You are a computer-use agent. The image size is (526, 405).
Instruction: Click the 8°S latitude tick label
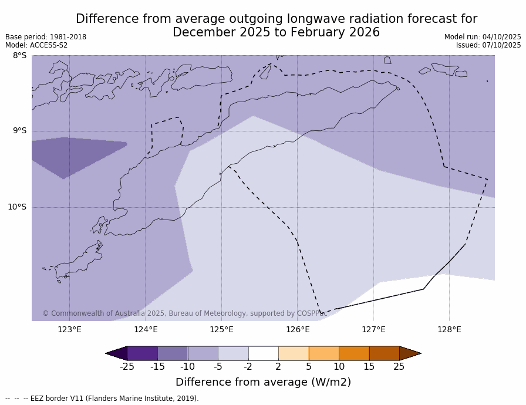(x=20, y=56)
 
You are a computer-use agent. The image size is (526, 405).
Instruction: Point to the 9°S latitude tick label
(x=20, y=131)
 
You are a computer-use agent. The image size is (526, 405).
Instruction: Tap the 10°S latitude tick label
(x=17, y=207)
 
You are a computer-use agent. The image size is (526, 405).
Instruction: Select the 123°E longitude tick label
(x=69, y=329)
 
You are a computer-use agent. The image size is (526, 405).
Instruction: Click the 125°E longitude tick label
(x=221, y=329)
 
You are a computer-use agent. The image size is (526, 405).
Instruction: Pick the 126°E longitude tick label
(x=298, y=329)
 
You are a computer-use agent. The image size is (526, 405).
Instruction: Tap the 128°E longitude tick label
(x=449, y=329)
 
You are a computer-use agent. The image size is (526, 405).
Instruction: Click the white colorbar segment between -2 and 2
(x=263, y=353)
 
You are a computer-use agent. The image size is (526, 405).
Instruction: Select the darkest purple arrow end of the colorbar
(x=116, y=353)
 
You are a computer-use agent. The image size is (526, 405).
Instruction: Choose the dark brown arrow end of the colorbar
(x=410, y=353)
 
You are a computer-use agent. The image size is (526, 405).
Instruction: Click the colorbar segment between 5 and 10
(x=323, y=353)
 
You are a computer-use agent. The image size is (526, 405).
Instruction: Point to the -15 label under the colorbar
(x=157, y=367)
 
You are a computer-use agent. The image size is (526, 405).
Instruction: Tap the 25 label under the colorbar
(x=399, y=367)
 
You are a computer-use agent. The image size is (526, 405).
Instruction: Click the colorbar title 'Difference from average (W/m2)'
(x=263, y=382)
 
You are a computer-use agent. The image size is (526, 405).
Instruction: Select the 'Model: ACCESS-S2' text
(x=36, y=45)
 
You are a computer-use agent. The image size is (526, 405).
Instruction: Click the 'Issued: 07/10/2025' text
(x=488, y=45)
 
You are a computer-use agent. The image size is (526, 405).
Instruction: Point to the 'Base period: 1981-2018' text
(x=46, y=37)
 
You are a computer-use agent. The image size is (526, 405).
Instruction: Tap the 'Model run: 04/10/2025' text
(x=483, y=37)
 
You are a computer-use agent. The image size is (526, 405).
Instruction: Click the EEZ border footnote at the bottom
(x=102, y=399)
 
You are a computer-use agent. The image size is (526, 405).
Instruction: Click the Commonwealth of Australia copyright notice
(x=185, y=313)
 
